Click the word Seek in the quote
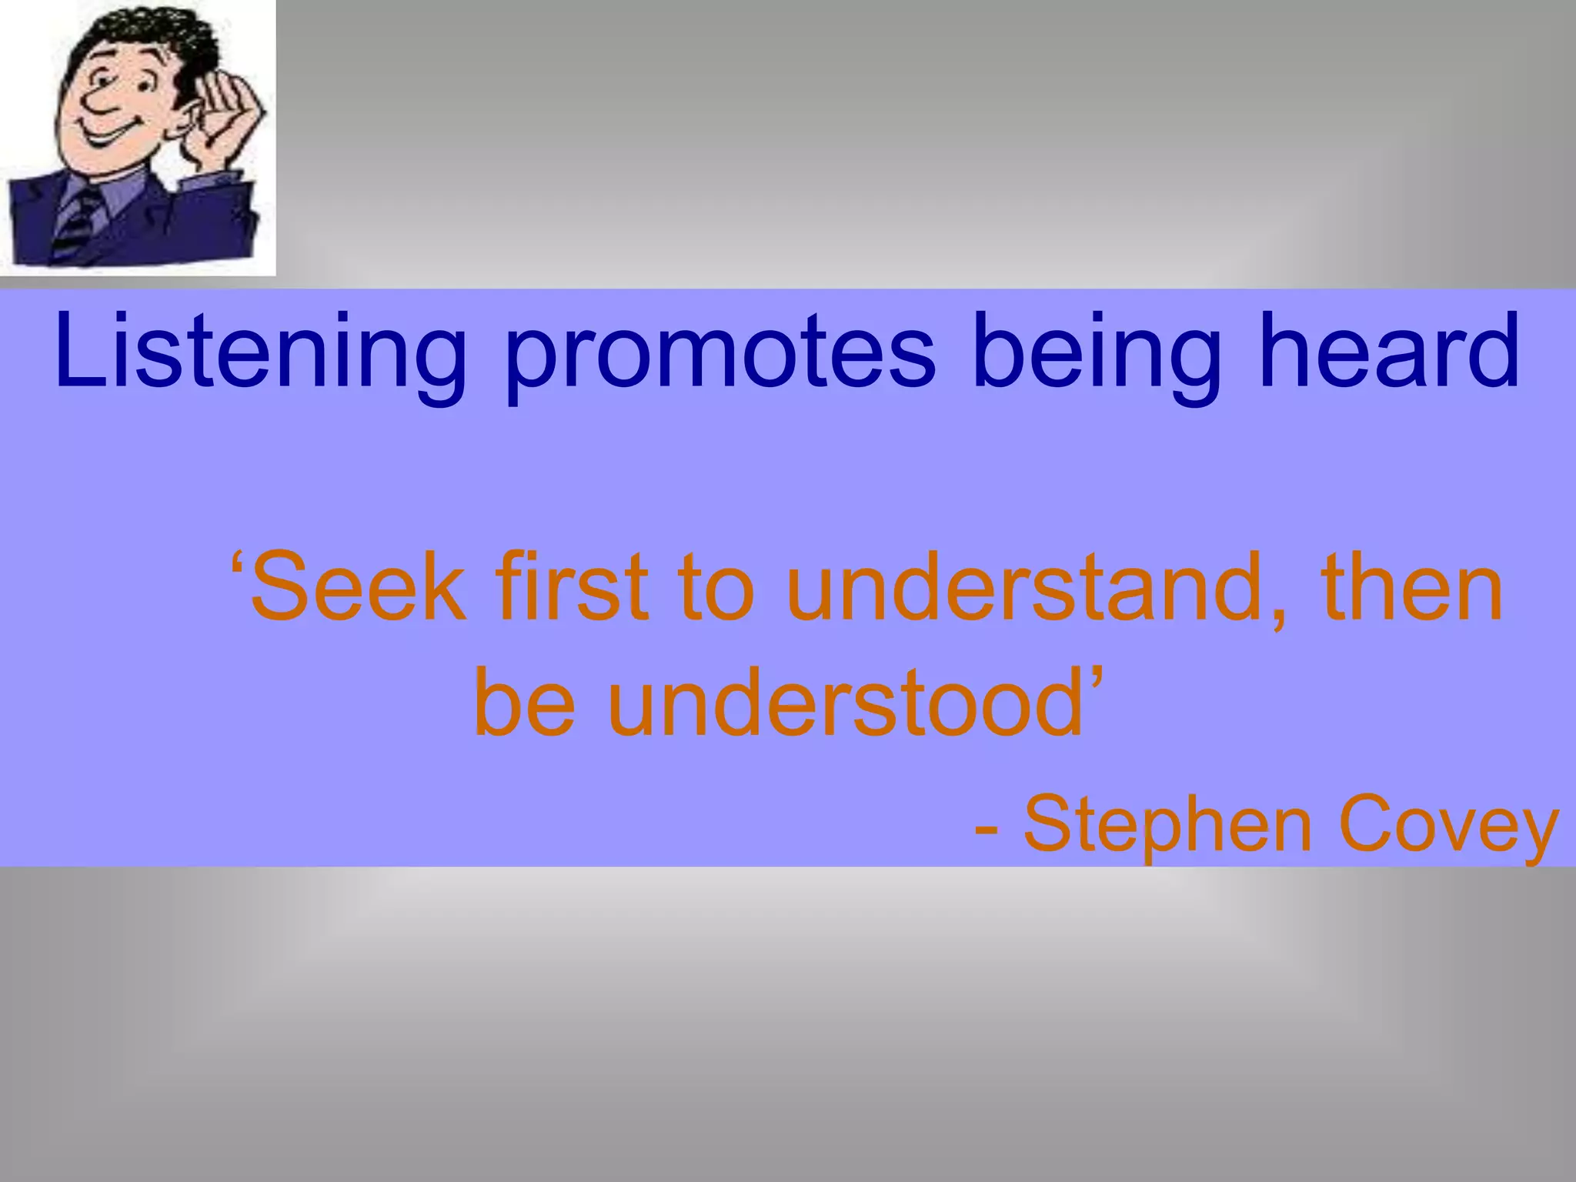[359, 589]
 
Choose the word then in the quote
[1411, 589]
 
